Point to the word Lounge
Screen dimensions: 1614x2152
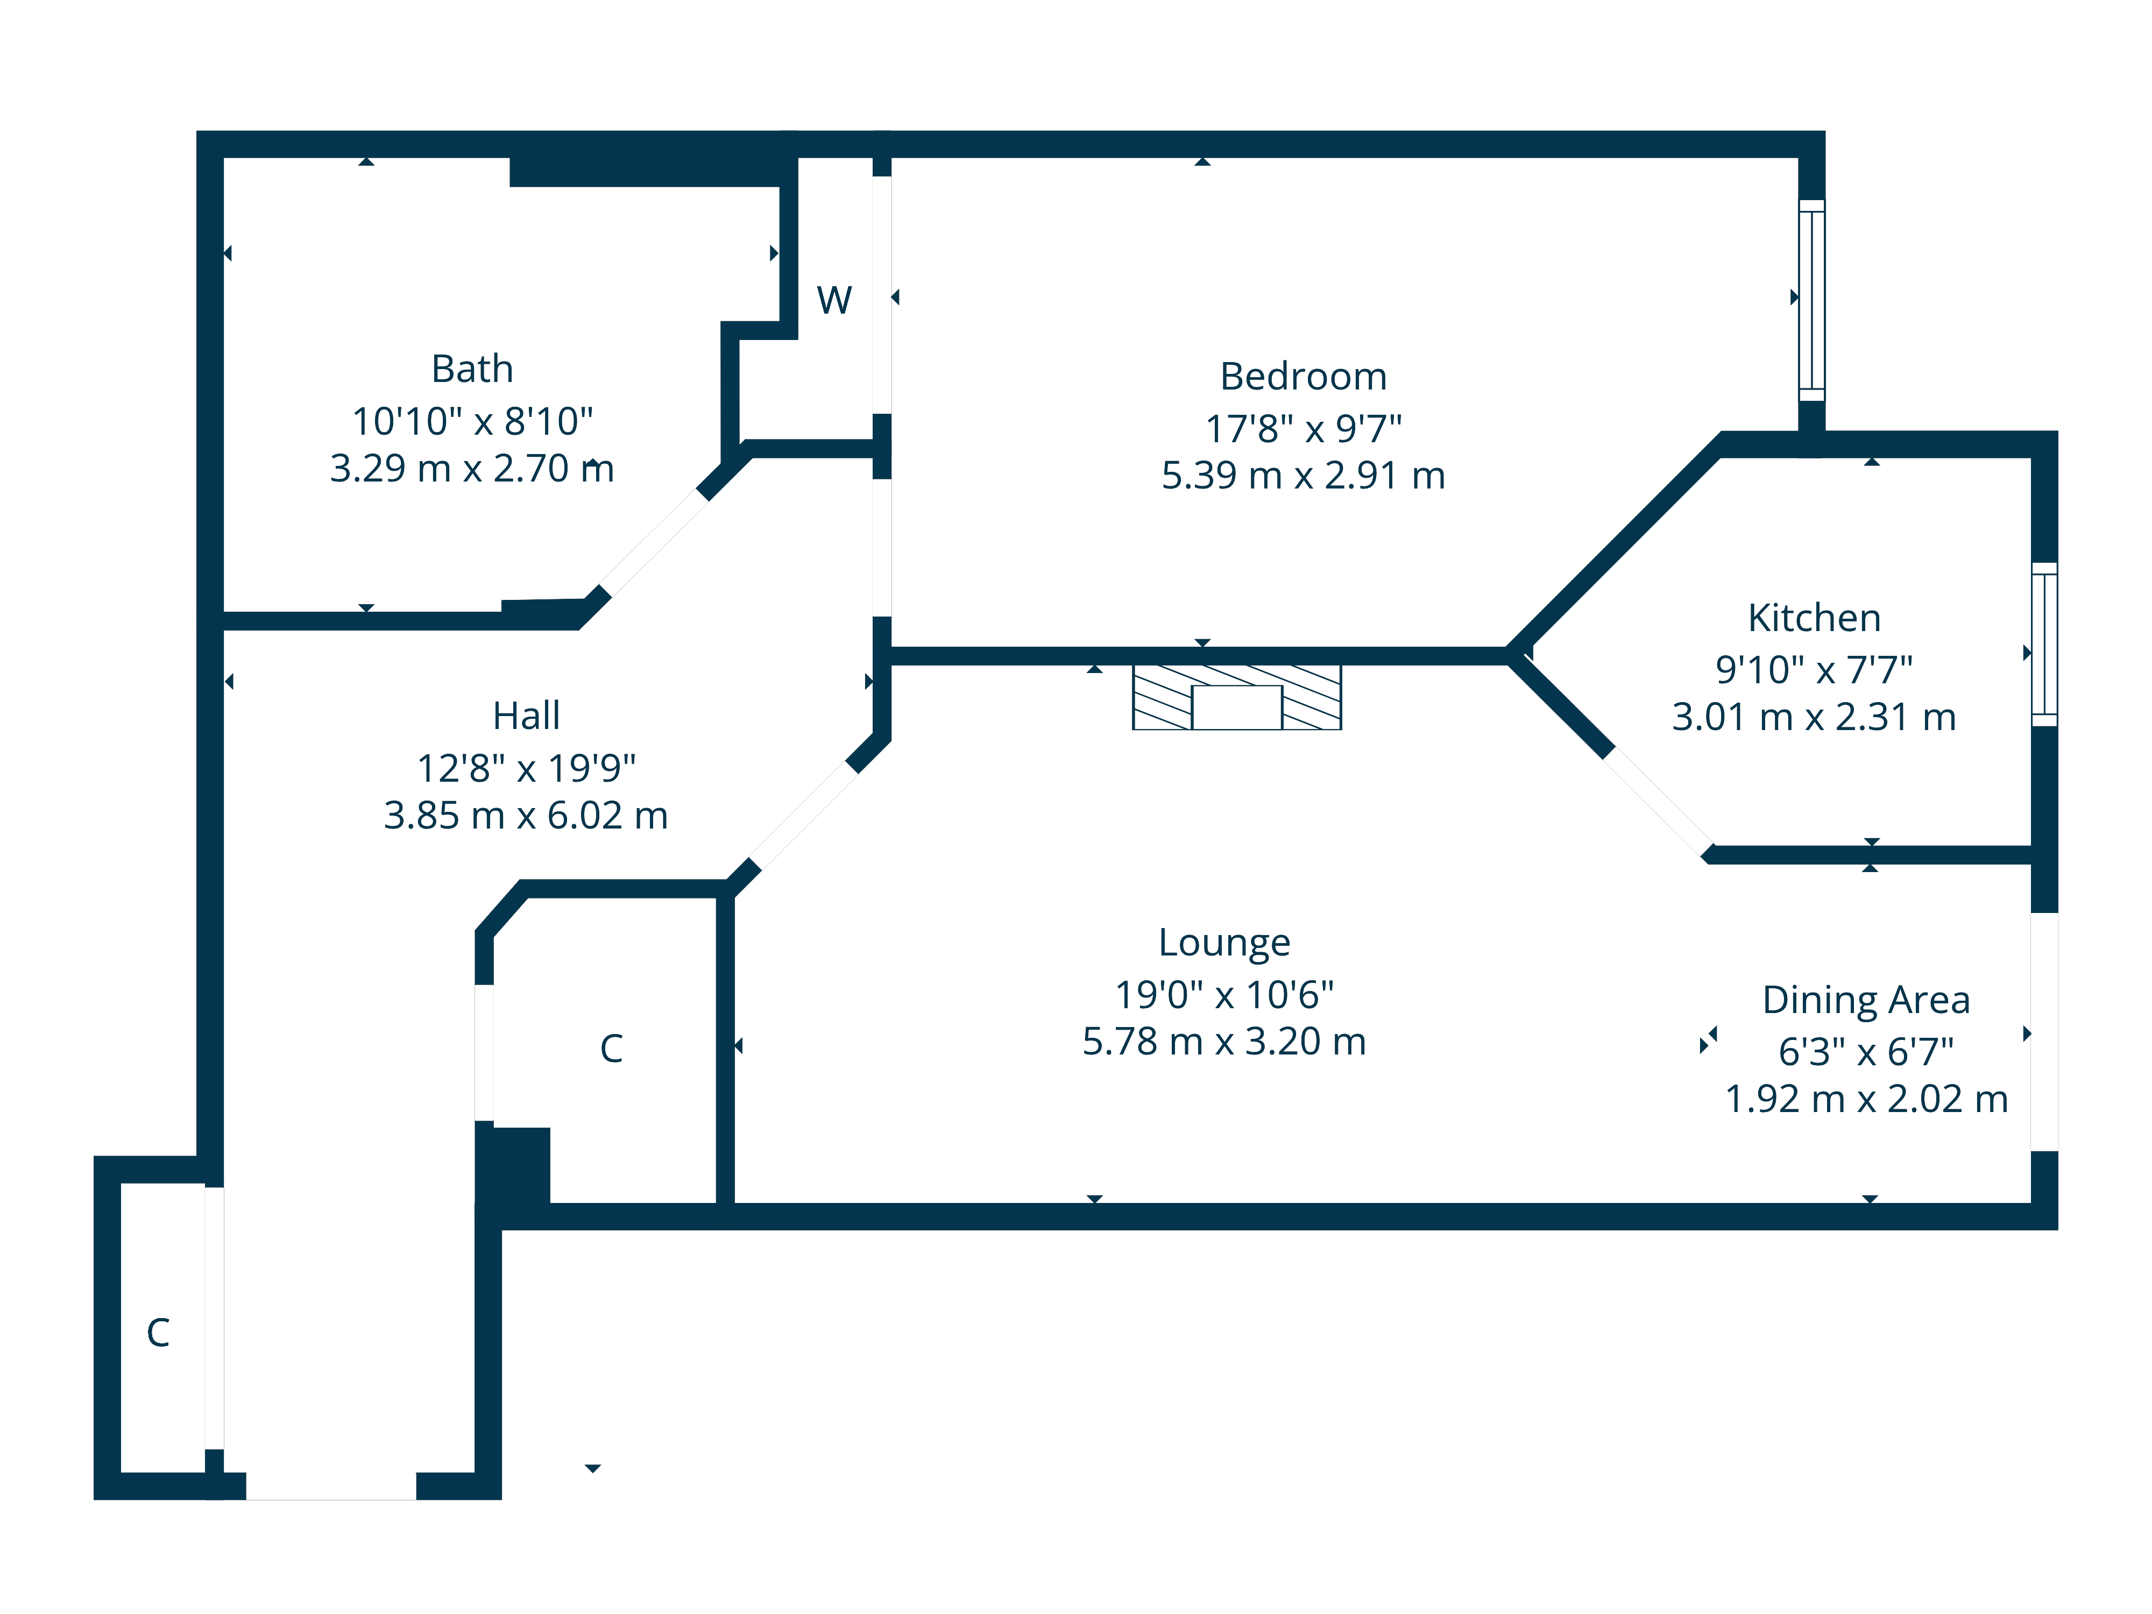point(1224,943)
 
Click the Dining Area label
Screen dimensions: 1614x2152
point(1866,1000)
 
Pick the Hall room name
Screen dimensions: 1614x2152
point(526,716)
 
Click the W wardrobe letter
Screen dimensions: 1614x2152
point(834,301)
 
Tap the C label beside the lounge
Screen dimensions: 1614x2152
point(611,1049)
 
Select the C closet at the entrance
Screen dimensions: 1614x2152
point(158,1333)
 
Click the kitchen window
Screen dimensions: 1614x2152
point(2044,644)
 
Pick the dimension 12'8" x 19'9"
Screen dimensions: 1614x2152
point(526,769)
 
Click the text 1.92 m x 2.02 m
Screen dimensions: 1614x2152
point(1866,1099)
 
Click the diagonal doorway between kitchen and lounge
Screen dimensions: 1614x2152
point(1658,799)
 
